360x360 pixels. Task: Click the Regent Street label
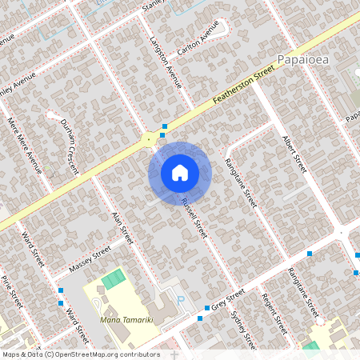coord(274,314)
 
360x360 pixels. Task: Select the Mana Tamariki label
coord(127,319)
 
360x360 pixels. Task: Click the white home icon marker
coord(179,172)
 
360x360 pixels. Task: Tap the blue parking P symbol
coord(179,301)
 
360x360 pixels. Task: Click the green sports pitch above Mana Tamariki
coord(114,279)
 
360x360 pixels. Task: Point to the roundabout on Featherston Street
coord(148,139)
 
